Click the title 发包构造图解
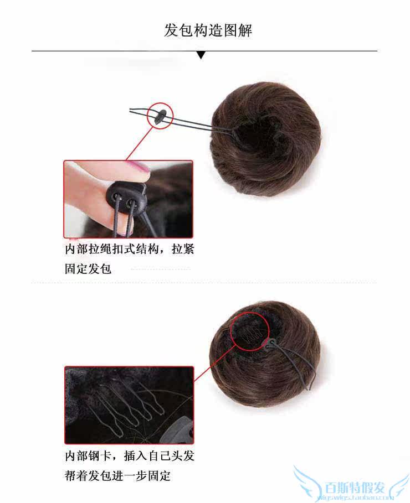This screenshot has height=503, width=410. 208,30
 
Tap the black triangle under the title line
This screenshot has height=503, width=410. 201,55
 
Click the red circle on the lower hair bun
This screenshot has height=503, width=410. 249,331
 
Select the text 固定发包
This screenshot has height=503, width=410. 88,269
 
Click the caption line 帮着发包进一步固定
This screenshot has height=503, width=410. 118,476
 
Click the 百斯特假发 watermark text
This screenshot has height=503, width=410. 355,487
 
